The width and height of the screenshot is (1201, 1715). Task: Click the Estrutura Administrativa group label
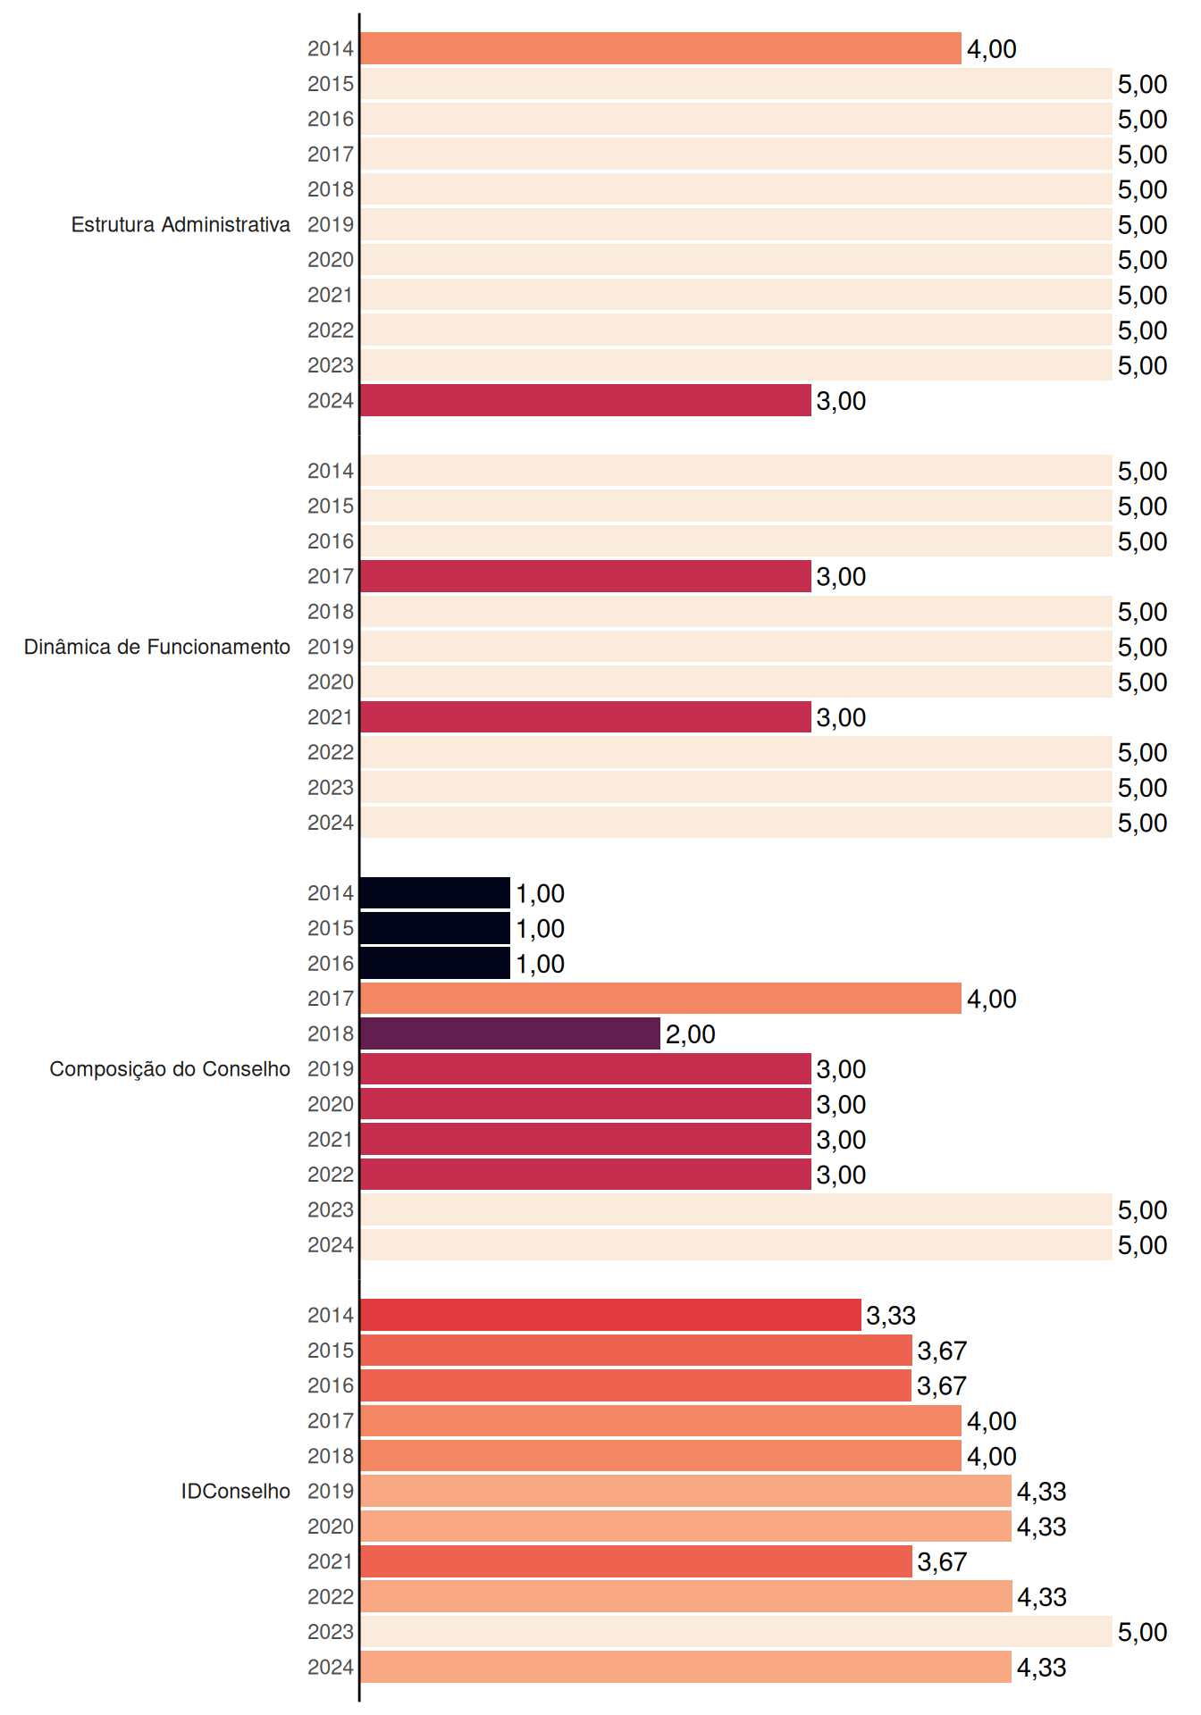[x=181, y=224]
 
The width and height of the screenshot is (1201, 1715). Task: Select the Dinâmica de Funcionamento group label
[x=157, y=647]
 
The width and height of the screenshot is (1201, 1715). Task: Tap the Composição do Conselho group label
[x=170, y=1069]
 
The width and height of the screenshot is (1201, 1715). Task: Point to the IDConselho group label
[x=236, y=1491]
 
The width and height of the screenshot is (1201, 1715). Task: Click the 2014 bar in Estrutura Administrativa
[x=660, y=48]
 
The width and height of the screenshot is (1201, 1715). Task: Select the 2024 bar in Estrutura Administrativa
[x=585, y=400]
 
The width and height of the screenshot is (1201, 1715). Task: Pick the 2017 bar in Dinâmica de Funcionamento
[x=585, y=576]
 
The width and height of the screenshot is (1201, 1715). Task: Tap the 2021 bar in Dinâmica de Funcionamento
[x=585, y=716]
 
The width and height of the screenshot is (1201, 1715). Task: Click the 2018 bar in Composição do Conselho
[x=510, y=1033]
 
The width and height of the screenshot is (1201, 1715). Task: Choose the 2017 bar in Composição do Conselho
[x=660, y=999]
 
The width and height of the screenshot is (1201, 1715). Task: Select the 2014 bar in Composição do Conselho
[x=435, y=893]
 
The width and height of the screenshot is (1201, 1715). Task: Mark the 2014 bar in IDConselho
[x=610, y=1315]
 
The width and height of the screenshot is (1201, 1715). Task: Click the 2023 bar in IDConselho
[x=736, y=1632]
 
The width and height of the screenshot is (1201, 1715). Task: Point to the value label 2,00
[x=691, y=1034]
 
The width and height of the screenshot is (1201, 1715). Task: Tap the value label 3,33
[x=891, y=1316]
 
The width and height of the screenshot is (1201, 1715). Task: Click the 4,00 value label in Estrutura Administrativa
[x=992, y=49]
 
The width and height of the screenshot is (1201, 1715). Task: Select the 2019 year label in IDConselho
[x=331, y=1491]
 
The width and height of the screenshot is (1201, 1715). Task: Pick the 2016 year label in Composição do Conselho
[x=331, y=964]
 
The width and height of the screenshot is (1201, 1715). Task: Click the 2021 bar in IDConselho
[x=636, y=1561]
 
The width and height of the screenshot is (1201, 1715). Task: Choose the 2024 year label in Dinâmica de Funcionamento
[x=331, y=823]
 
